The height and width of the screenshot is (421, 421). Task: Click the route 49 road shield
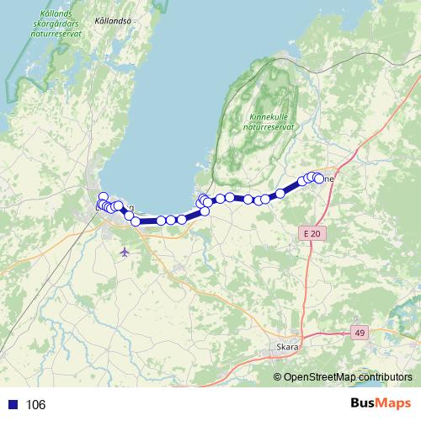360,333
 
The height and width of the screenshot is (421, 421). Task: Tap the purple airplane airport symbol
125,251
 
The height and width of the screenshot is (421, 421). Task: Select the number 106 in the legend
36,405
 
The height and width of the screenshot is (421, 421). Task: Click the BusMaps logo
381,403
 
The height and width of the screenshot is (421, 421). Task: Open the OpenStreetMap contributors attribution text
347,377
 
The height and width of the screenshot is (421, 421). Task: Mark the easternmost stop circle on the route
318,179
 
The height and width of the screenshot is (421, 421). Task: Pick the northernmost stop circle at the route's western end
104,197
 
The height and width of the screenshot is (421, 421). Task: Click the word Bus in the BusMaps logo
363,403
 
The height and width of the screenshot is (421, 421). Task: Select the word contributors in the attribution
385,377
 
